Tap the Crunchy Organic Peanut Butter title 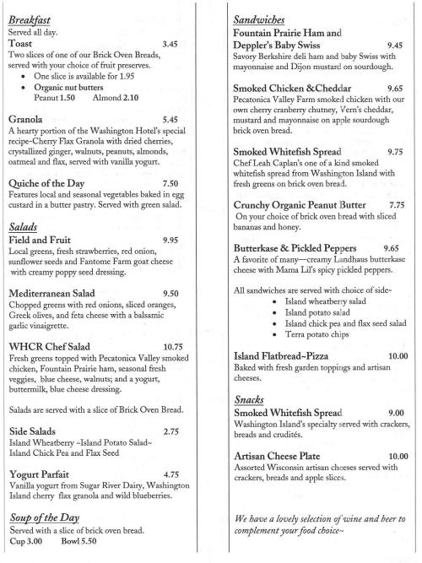[301, 204]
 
